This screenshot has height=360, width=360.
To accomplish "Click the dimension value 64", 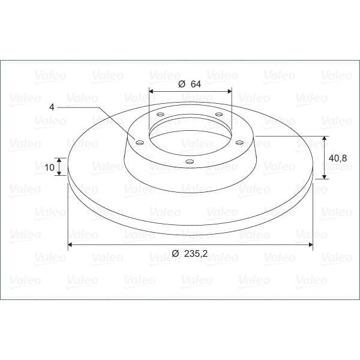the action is (x=196, y=84).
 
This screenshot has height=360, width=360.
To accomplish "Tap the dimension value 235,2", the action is (x=196, y=254).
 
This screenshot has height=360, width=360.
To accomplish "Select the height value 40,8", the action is (x=338, y=158).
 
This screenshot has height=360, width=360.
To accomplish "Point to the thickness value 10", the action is (x=49, y=167).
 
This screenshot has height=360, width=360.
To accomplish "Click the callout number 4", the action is (x=52, y=107).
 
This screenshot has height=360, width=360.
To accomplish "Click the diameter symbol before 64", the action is (x=182, y=84).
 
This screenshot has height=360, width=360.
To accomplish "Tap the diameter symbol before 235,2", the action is (x=175, y=254).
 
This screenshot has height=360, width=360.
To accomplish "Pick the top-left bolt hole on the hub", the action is (x=160, y=114).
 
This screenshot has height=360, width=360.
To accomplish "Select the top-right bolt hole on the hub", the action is (x=219, y=114).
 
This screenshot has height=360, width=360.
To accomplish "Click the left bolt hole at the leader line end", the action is (x=140, y=143).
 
